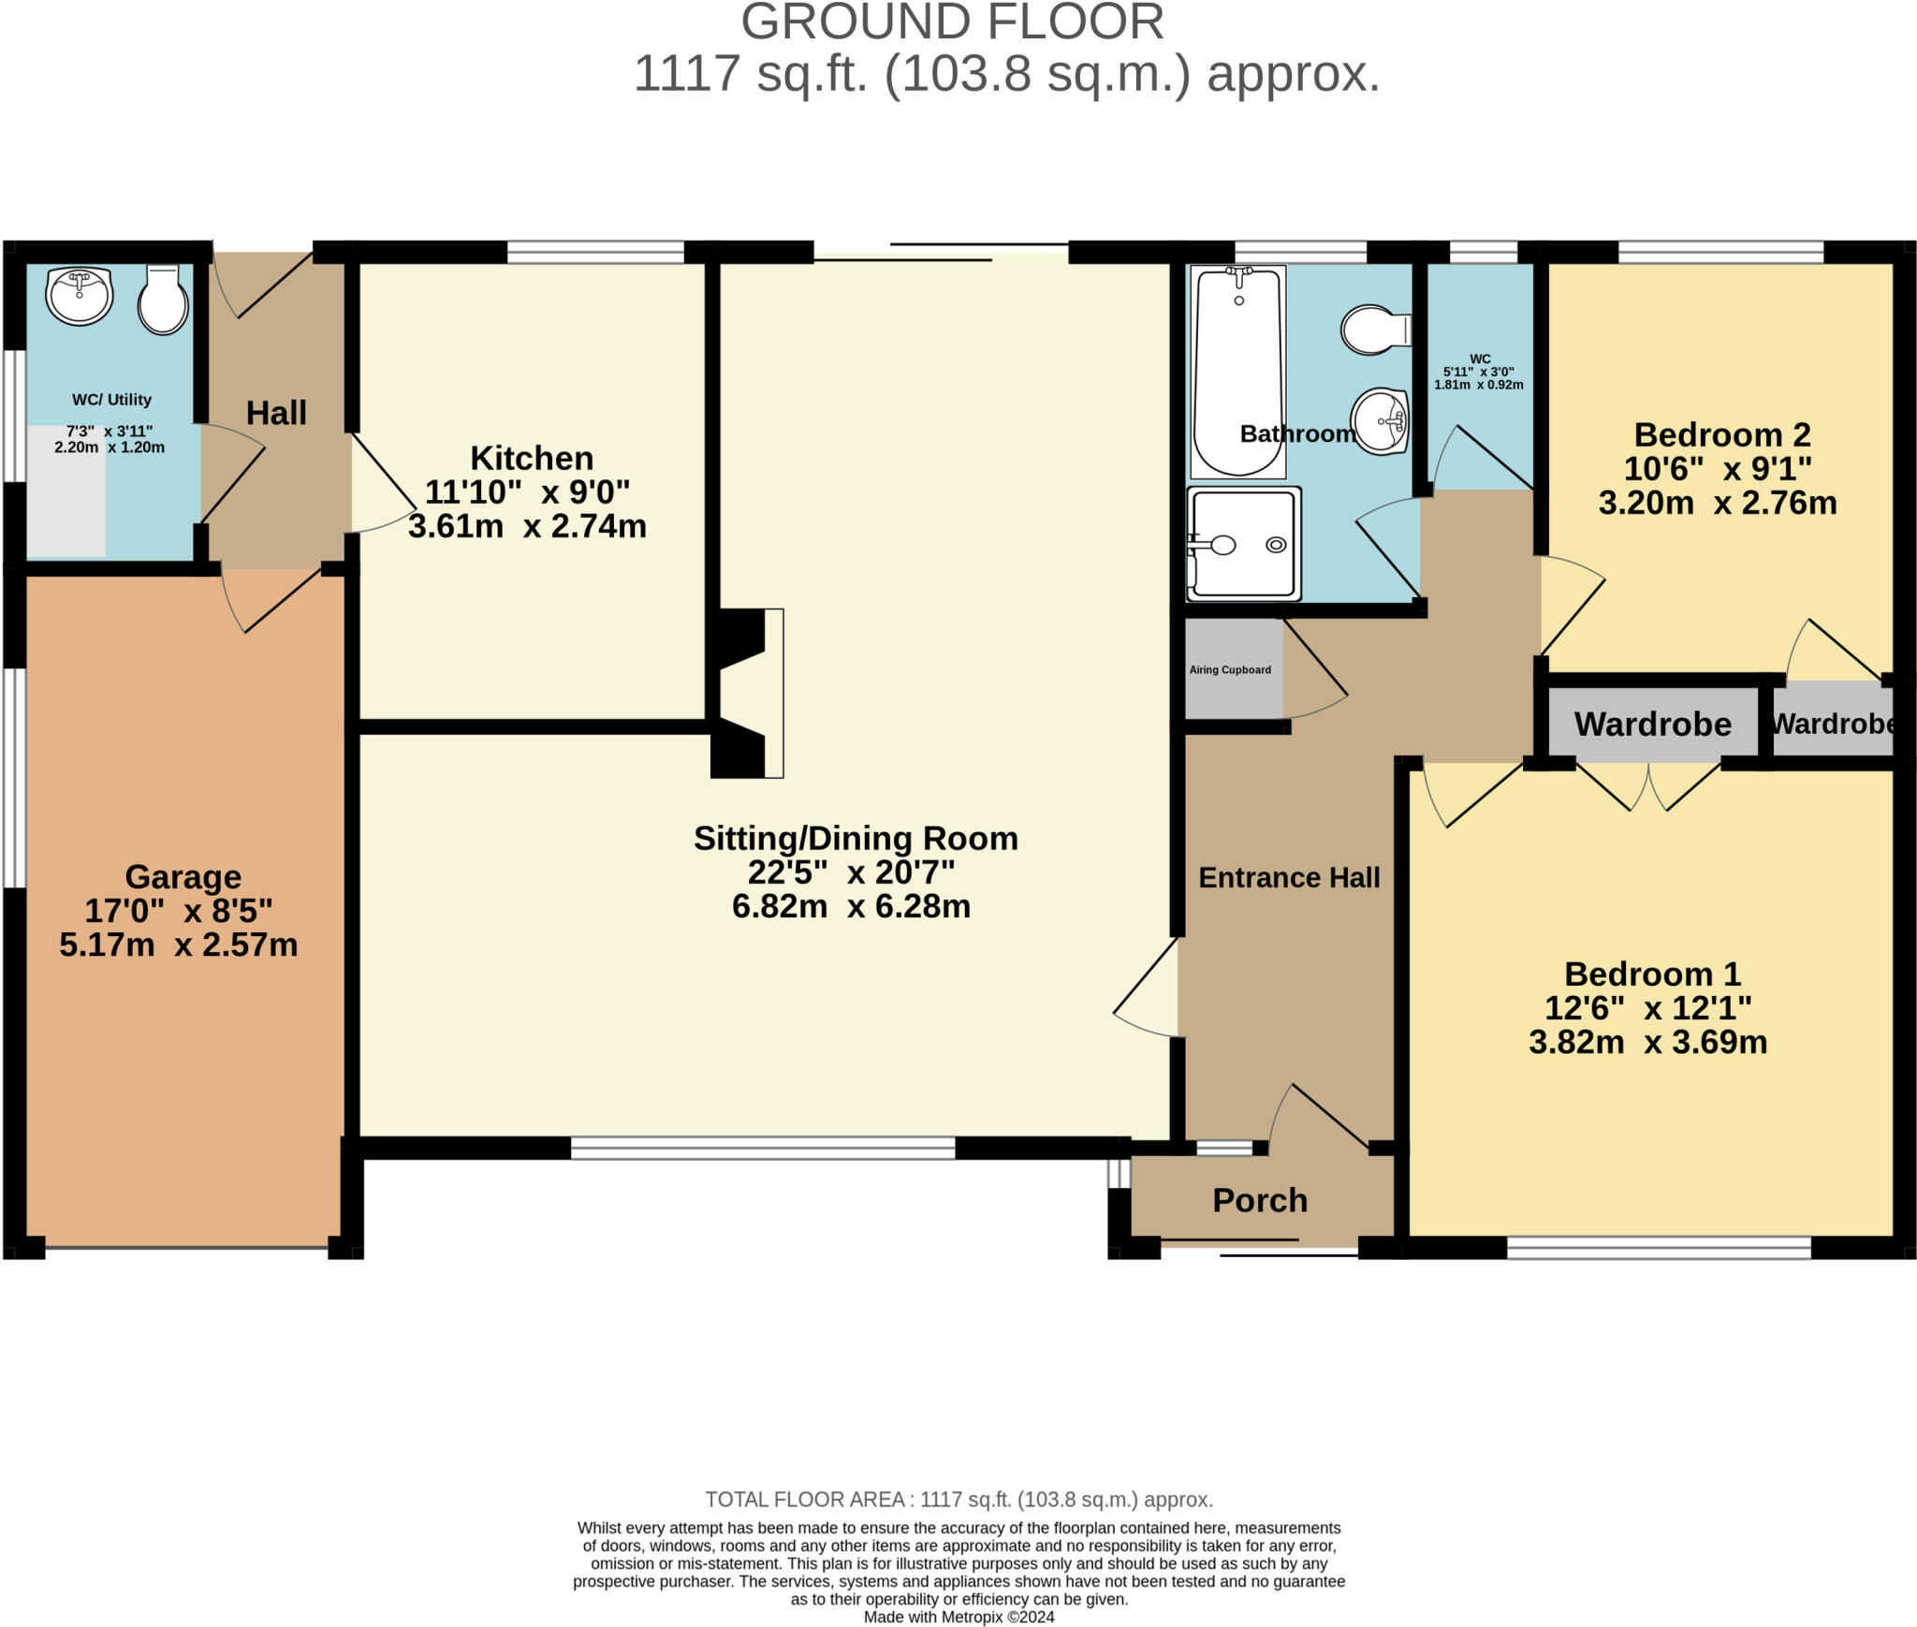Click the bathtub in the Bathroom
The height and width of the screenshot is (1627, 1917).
pos(1238,372)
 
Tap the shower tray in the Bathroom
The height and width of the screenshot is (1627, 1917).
pos(1244,544)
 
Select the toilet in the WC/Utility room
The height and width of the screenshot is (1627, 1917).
pos(164,300)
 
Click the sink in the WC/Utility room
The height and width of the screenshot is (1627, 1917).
pos(80,296)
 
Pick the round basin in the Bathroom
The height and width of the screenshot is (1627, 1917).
pos(1381,421)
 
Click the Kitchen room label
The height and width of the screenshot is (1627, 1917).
pos(532,458)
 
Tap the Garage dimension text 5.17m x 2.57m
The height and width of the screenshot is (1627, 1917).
pos(179,945)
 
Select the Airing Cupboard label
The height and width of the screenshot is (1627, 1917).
pos(1230,669)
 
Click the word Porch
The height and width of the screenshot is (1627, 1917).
pos(1260,1200)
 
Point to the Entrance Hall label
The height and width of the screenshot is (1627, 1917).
pos(1289,877)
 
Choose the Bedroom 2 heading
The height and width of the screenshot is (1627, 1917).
pos(1722,434)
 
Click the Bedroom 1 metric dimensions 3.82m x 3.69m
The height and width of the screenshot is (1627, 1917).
pos(1648,1042)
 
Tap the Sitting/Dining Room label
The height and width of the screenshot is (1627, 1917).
pos(856,838)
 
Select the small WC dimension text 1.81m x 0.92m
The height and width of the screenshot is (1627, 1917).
pos(1479,385)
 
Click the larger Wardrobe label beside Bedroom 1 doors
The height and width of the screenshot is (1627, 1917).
pos(1653,724)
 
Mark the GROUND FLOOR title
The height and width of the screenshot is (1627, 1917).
pos(952,22)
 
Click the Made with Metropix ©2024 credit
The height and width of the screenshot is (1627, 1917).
pos(958,1617)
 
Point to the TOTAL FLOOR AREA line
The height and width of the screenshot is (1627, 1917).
pos(958,1500)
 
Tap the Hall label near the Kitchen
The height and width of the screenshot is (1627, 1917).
pos(276,413)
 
